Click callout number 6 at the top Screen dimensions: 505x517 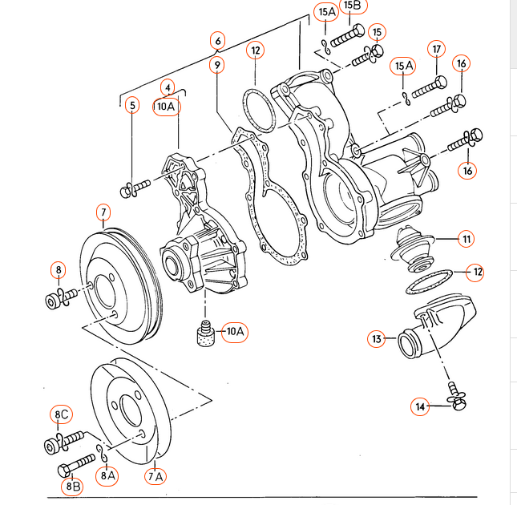[x=217, y=39]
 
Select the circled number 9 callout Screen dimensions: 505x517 [x=217, y=64]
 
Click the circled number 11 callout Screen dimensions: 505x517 [x=466, y=238]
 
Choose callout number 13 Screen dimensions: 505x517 [x=377, y=339]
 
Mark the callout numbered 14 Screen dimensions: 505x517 [x=419, y=407]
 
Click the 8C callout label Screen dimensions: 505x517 [x=62, y=414]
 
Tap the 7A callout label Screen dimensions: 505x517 [x=155, y=477]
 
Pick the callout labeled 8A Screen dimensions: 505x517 [x=108, y=475]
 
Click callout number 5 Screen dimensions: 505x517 [x=132, y=104]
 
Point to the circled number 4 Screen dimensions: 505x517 [x=167, y=87]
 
